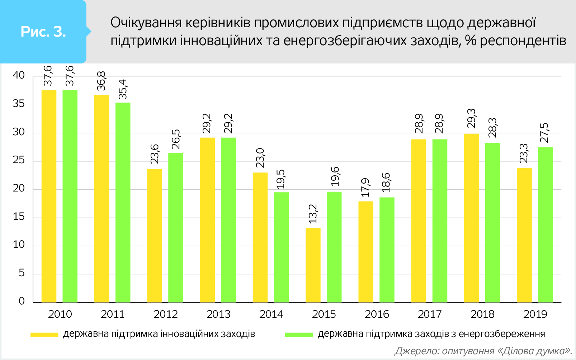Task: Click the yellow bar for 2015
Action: pos(313,265)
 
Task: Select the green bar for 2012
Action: pos(176,227)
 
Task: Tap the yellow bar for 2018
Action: pos(471,218)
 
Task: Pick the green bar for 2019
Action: pos(545,224)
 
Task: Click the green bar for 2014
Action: pos(281,247)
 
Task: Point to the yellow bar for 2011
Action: pos(101,198)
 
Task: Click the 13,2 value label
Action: pos(313,214)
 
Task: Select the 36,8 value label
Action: pos(101,81)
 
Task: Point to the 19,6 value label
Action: pos(335,177)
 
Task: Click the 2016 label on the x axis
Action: pos(377,314)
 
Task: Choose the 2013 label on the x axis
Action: pos(218,314)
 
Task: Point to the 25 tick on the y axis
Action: pos(19,160)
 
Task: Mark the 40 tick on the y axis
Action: pos(19,75)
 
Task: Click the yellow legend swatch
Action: pos(44,335)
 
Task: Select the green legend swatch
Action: pos(299,335)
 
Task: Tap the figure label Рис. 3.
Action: pos(43,32)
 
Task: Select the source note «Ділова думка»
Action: pos(534,351)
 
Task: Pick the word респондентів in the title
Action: pos(523,41)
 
